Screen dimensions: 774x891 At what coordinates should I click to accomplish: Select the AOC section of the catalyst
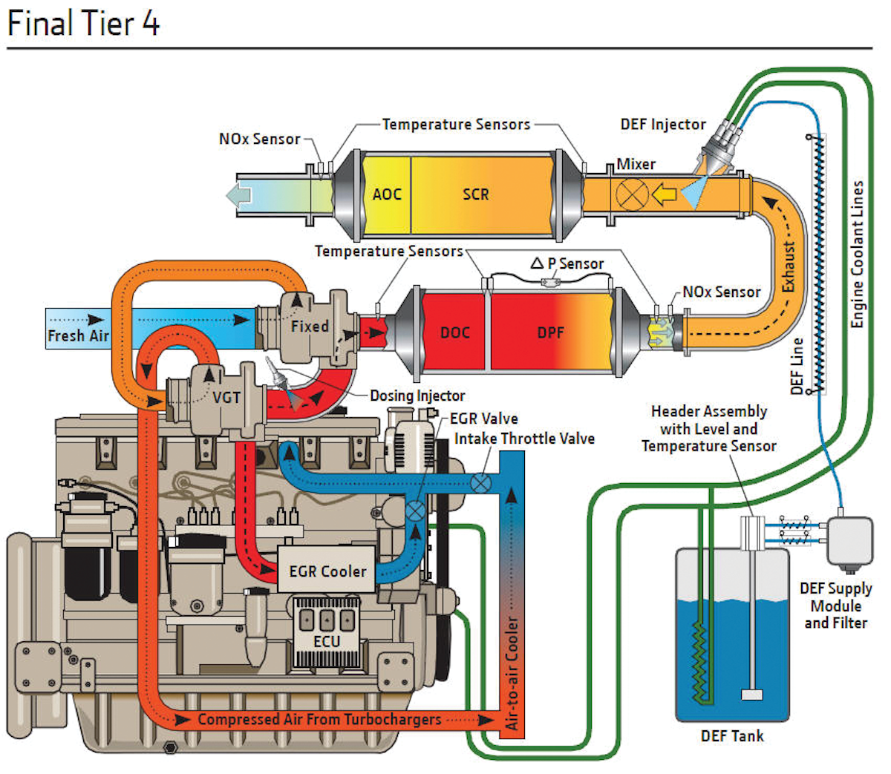(x=387, y=194)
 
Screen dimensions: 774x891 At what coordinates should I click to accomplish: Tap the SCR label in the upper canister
(x=475, y=194)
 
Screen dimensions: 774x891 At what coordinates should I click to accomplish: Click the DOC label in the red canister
(x=454, y=332)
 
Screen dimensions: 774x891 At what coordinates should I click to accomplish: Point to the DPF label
(x=550, y=332)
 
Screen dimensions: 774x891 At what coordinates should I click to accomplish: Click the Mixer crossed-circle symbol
(x=632, y=195)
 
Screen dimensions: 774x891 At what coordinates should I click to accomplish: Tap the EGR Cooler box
(x=327, y=571)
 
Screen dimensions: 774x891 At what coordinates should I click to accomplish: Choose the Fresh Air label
(x=78, y=335)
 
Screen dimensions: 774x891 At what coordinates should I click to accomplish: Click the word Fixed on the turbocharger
(x=309, y=326)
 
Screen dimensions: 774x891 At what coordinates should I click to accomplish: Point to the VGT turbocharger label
(x=226, y=397)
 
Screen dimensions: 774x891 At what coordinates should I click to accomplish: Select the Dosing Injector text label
(x=417, y=396)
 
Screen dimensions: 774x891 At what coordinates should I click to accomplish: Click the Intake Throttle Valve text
(x=524, y=439)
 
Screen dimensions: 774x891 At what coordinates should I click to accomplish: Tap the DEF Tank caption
(x=731, y=735)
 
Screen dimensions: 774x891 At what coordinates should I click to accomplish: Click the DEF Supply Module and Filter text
(x=835, y=606)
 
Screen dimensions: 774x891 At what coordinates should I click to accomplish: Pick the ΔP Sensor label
(x=567, y=263)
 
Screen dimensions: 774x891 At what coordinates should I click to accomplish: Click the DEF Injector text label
(x=663, y=125)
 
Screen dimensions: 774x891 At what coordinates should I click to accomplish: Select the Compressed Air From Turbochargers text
(x=319, y=719)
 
